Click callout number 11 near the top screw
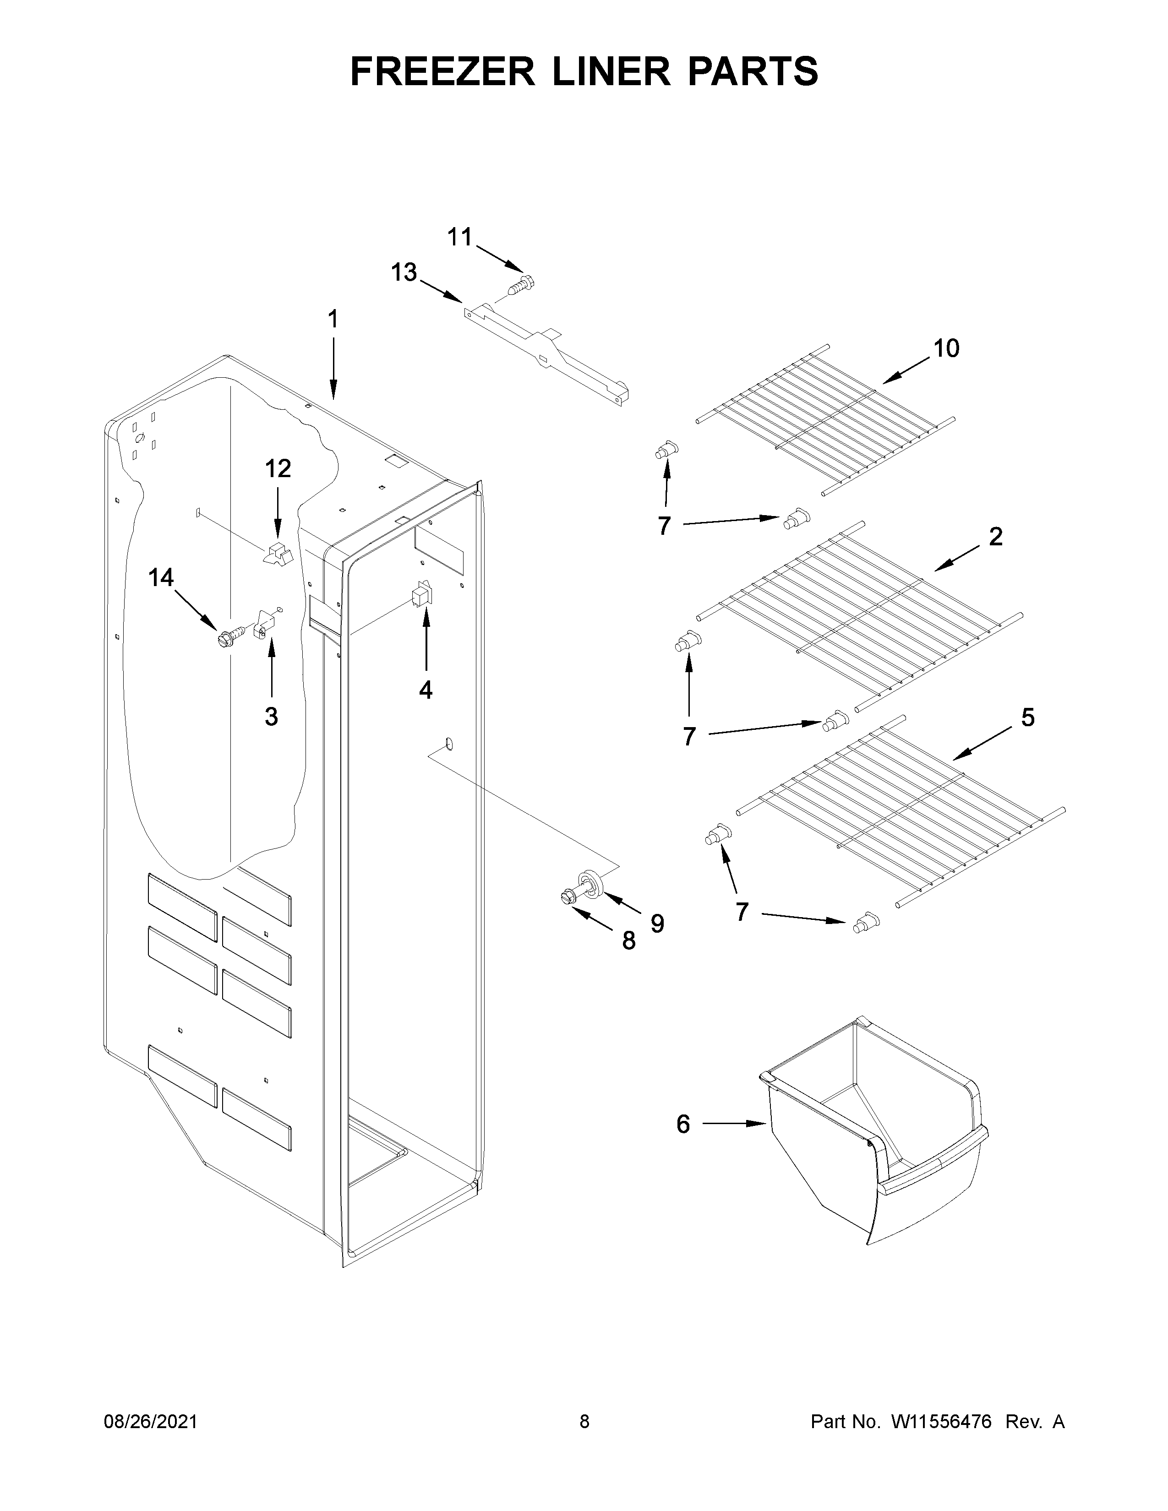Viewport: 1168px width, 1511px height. [x=459, y=238]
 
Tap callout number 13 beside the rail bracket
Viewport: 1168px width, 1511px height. [x=404, y=272]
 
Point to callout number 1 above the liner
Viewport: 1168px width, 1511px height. [x=333, y=319]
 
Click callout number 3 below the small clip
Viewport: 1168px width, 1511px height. [x=271, y=717]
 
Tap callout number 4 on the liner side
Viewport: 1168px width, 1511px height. [x=426, y=689]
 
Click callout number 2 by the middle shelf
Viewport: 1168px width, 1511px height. [x=995, y=536]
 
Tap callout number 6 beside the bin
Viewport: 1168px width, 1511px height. [x=683, y=1124]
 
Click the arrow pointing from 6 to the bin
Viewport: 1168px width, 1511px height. [x=734, y=1124]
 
